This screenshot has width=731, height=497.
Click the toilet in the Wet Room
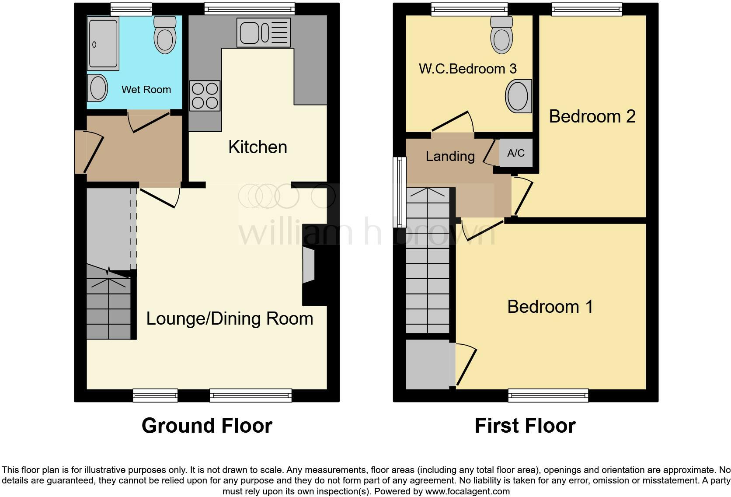point(165,35)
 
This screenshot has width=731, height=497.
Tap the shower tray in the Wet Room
point(103,43)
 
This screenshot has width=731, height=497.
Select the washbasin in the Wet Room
point(98,88)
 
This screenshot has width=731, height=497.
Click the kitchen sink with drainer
point(263,32)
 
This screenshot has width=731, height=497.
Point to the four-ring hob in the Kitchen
point(205,96)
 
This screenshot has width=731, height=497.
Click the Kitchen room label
point(258,147)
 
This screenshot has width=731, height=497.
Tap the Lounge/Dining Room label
point(230,318)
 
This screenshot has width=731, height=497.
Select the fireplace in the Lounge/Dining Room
point(309,266)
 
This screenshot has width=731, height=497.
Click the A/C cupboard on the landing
point(516,153)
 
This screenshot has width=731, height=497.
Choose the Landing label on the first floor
point(450,156)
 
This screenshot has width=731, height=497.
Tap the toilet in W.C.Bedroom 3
point(501,35)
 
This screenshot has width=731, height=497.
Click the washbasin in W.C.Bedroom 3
point(519,96)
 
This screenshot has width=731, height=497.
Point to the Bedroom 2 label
point(592,116)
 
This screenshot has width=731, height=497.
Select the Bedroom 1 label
point(550,307)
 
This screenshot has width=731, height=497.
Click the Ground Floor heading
point(207,426)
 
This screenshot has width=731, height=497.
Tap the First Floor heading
point(525,426)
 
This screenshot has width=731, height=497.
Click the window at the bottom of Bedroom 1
point(548,395)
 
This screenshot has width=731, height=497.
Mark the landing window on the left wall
point(399,192)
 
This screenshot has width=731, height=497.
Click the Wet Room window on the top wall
point(131,9)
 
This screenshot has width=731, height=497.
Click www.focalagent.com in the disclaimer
point(467,491)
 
